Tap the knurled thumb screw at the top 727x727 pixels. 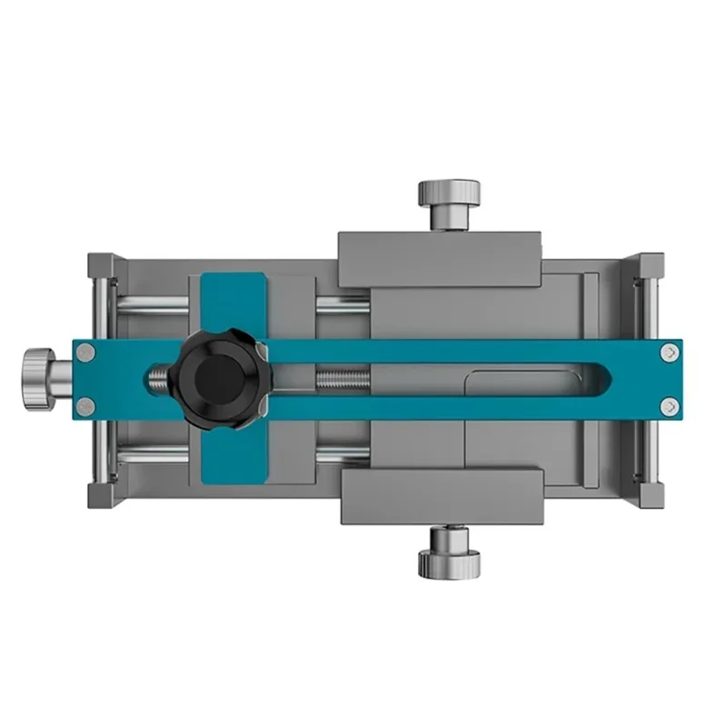click(x=448, y=202)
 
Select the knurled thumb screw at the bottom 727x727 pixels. click(x=449, y=553)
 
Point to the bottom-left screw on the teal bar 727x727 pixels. click(x=85, y=405)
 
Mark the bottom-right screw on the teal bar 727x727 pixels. click(x=669, y=405)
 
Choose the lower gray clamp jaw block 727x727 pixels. click(x=443, y=496)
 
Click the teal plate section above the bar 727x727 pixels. click(x=233, y=305)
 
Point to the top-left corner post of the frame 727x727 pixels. click(x=101, y=267)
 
